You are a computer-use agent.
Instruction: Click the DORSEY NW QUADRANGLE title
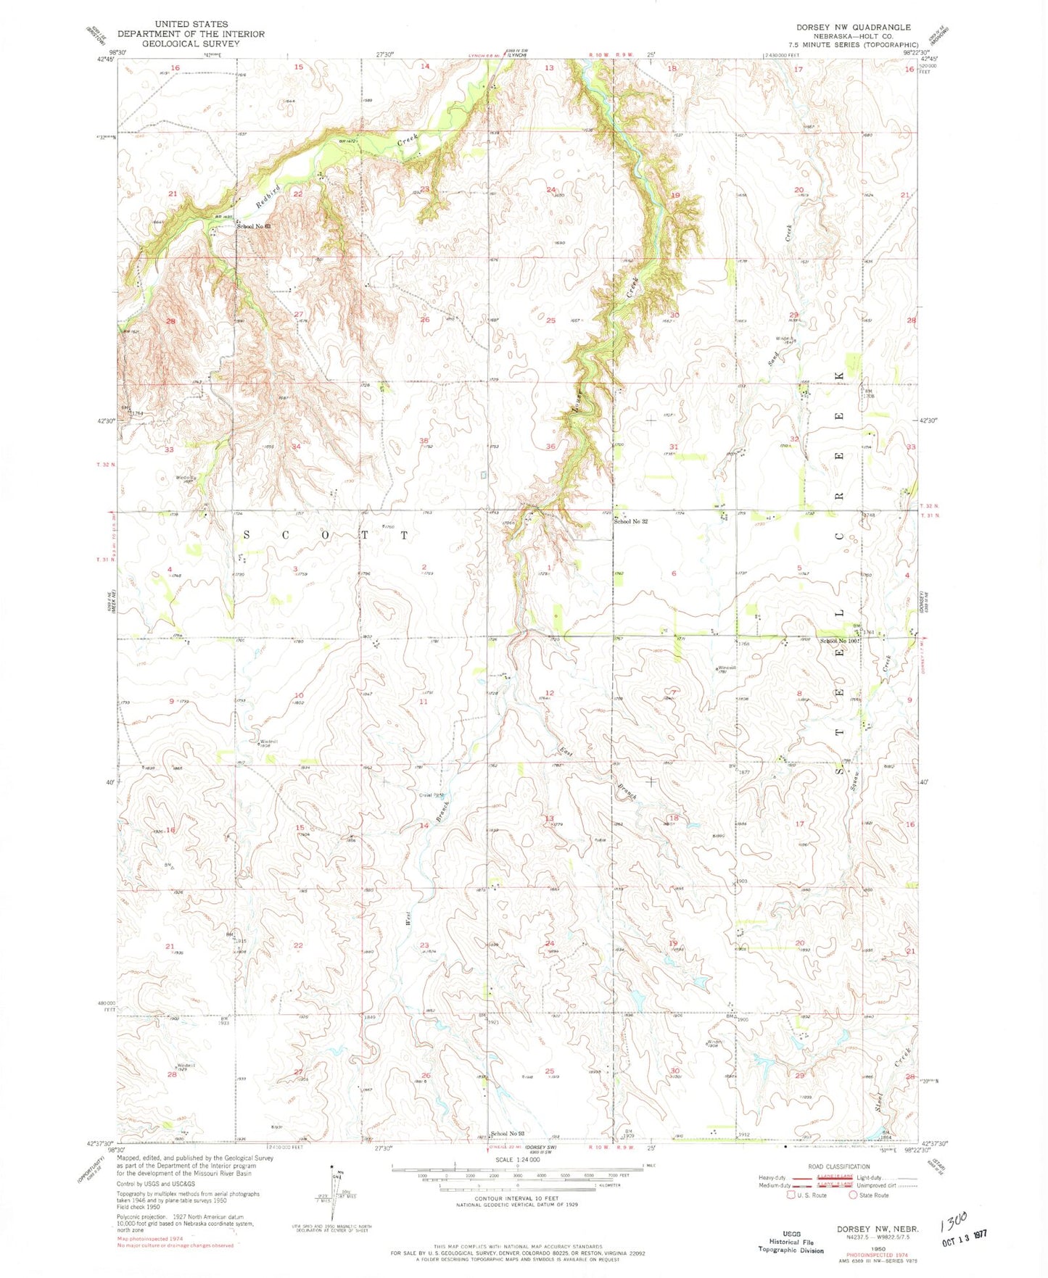tap(853, 27)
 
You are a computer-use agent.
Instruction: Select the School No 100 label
tap(838, 641)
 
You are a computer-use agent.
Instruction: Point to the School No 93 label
tap(507, 1134)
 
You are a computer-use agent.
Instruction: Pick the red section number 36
tap(550, 447)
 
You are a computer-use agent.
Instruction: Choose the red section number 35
tap(424, 441)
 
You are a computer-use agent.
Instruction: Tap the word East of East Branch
tap(566, 753)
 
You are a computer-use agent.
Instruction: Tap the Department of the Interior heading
tap(191, 34)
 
